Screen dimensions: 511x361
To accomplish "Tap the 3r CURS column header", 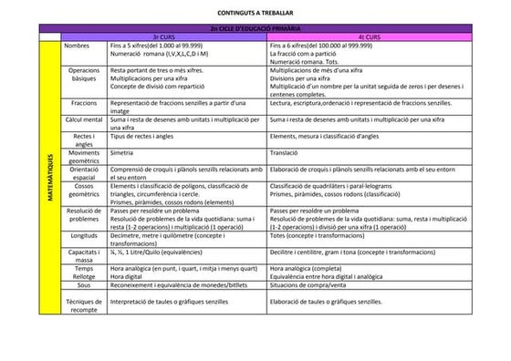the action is [164, 37].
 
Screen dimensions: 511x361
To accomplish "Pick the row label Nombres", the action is [78, 45].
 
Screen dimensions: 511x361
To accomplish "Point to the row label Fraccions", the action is [84, 104].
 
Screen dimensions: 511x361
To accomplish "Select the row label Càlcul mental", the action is [84, 119].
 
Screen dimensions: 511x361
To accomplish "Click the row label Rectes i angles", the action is [84, 139].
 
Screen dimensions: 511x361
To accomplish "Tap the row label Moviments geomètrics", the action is [84, 157].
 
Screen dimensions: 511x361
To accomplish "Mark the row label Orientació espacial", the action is [84, 173].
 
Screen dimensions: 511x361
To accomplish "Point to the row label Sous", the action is [84, 285].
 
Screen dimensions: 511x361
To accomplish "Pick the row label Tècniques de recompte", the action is [84, 304].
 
